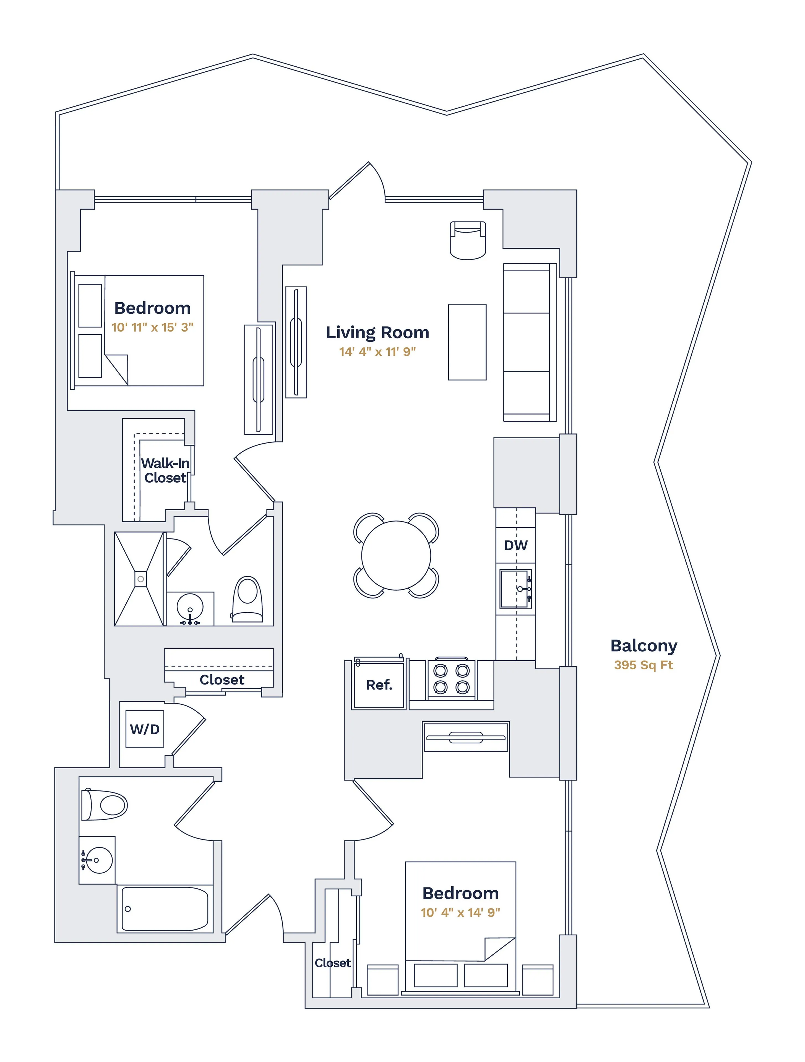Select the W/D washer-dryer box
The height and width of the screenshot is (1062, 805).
point(144,729)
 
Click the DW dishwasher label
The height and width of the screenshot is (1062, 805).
point(515,545)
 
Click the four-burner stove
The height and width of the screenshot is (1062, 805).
point(451,679)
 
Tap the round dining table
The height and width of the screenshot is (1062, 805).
point(396,556)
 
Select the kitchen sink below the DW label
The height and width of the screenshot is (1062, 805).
point(515,589)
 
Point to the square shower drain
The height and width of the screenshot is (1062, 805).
point(141,579)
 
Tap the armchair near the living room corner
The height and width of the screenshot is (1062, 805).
point(468,240)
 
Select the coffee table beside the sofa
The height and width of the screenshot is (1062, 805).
point(467,342)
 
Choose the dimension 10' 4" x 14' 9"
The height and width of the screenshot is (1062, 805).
point(460,913)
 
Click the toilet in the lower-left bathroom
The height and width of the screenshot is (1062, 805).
point(105,805)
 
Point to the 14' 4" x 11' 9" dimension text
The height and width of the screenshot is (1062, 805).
point(377,352)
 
